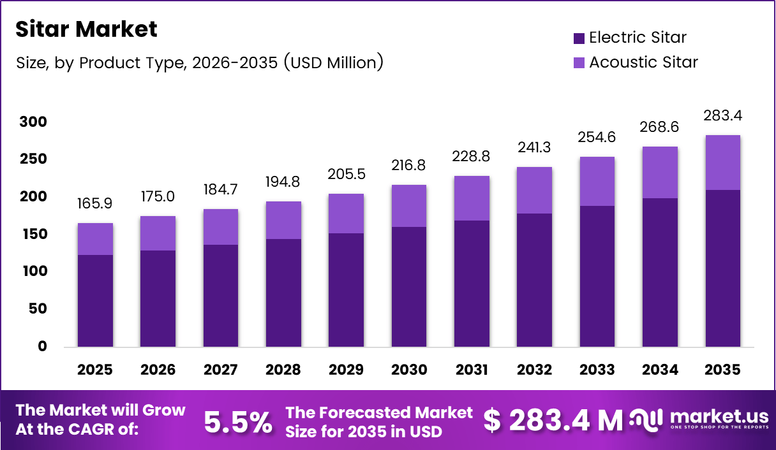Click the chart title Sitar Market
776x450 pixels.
pos(86,29)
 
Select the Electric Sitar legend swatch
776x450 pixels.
pos(579,38)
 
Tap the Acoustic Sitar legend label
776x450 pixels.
pos(643,62)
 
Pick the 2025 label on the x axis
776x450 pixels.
pos(95,370)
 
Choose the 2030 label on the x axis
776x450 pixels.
pos(408,370)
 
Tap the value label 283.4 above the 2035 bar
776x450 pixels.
pos(722,116)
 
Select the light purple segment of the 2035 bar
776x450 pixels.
pos(722,163)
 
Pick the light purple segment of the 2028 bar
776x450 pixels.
pos(283,220)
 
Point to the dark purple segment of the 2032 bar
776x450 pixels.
pos(534,280)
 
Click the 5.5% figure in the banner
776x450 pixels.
pos(238,421)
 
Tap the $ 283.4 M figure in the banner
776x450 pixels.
pos(553,421)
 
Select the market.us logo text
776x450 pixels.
pos(719,416)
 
